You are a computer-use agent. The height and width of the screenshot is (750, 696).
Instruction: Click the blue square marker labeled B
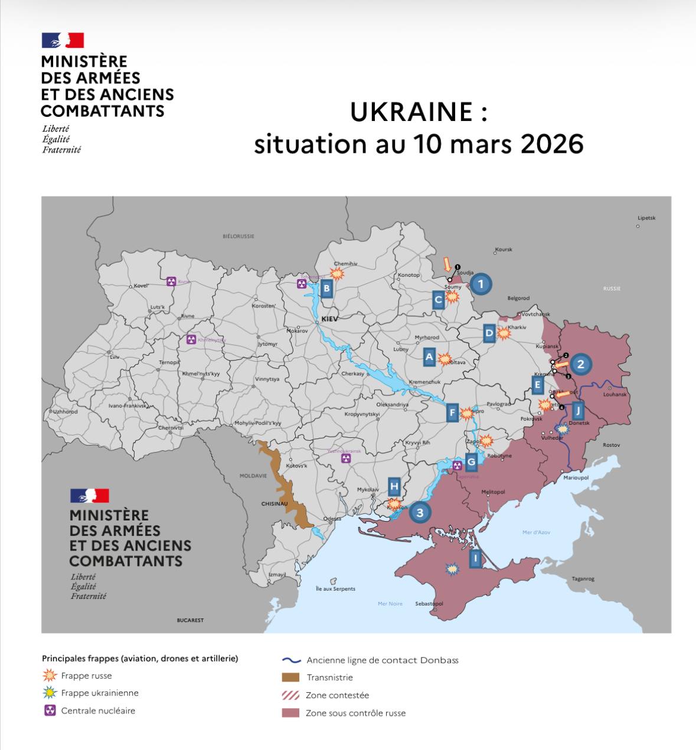coord(326,289)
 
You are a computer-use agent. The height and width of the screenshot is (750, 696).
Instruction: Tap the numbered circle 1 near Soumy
coord(481,284)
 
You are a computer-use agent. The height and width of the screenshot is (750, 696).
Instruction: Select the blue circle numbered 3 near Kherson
coord(420,512)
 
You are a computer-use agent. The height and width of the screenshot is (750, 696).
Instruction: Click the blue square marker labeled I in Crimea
coord(476,558)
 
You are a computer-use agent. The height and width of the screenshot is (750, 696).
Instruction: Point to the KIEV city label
coord(329,319)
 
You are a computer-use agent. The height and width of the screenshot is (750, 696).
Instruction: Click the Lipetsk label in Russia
coord(646,218)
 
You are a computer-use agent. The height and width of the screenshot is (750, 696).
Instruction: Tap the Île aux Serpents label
coord(335,588)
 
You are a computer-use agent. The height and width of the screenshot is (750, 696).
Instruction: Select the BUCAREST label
coord(190,620)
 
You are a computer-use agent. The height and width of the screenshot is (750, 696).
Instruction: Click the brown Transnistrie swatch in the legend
coord(290,677)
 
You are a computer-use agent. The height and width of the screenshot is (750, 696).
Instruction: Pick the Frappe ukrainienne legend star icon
coord(50,693)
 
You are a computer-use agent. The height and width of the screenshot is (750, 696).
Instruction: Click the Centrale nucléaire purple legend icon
coord(50,710)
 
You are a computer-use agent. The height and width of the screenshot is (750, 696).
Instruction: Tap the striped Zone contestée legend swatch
coord(290,695)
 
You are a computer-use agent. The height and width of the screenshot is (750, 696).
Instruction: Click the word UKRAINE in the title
coord(411,112)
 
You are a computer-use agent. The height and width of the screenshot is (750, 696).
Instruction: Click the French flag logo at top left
coord(63,40)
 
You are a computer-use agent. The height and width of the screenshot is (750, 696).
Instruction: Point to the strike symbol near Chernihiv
coord(337,273)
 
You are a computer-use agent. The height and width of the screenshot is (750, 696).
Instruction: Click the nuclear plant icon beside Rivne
coord(171,281)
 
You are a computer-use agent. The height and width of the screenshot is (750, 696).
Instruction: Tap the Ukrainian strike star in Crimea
coord(452,568)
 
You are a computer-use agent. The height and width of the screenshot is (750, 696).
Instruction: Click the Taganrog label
coord(583,579)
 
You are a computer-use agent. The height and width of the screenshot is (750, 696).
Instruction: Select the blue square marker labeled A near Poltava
coord(430,356)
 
